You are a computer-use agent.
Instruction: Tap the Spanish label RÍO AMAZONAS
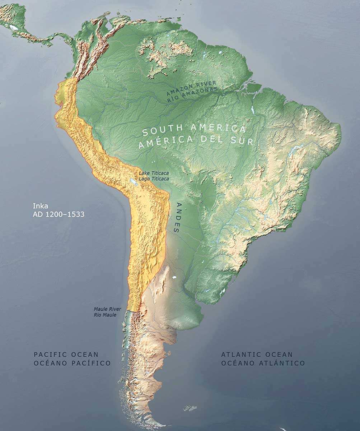click(192, 95)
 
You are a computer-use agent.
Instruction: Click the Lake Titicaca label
click(154, 173)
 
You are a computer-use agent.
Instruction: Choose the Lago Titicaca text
click(154, 178)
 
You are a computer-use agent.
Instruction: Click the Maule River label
click(107, 309)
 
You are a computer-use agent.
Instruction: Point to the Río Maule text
click(105, 315)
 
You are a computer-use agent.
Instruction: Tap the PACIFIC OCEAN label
click(66, 354)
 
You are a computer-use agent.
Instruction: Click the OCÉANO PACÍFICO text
click(72, 363)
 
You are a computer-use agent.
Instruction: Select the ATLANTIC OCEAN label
click(257, 354)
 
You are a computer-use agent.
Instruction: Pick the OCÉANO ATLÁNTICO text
click(263, 363)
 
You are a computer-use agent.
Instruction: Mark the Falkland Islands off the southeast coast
click(190, 408)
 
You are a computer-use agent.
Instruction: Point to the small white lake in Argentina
click(175, 277)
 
